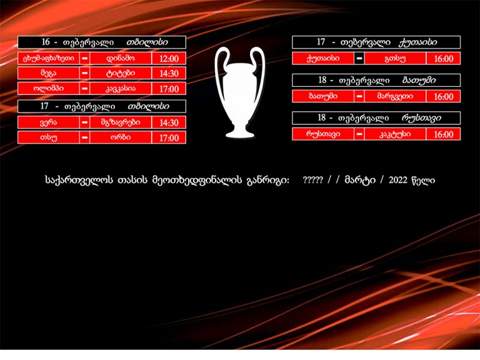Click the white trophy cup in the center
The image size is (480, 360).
(x=240, y=92)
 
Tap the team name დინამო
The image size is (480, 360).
(x=121, y=58)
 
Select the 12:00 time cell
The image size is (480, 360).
(x=169, y=59)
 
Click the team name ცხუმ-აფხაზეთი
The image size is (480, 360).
(x=48, y=58)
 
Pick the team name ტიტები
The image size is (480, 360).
(x=121, y=74)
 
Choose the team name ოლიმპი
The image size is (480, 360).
(x=48, y=89)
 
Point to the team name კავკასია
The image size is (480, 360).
(x=121, y=89)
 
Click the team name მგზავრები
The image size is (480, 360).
(x=121, y=122)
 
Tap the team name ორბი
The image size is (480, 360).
(x=121, y=137)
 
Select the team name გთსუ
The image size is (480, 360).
(x=395, y=59)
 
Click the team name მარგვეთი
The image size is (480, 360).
(x=395, y=96)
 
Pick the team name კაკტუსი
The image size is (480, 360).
(x=395, y=134)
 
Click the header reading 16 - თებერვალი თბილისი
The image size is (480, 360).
(x=102, y=42)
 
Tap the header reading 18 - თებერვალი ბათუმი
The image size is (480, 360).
(x=376, y=81)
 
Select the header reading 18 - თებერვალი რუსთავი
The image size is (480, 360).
(x=376, y=118)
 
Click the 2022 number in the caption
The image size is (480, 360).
(x=398, y=180)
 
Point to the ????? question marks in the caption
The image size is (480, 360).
(x=312, y=180)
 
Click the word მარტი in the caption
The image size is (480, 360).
(x=360, y=180)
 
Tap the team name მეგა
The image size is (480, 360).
(x=48, y=74)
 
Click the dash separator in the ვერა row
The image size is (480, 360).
(x=85, y=122)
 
